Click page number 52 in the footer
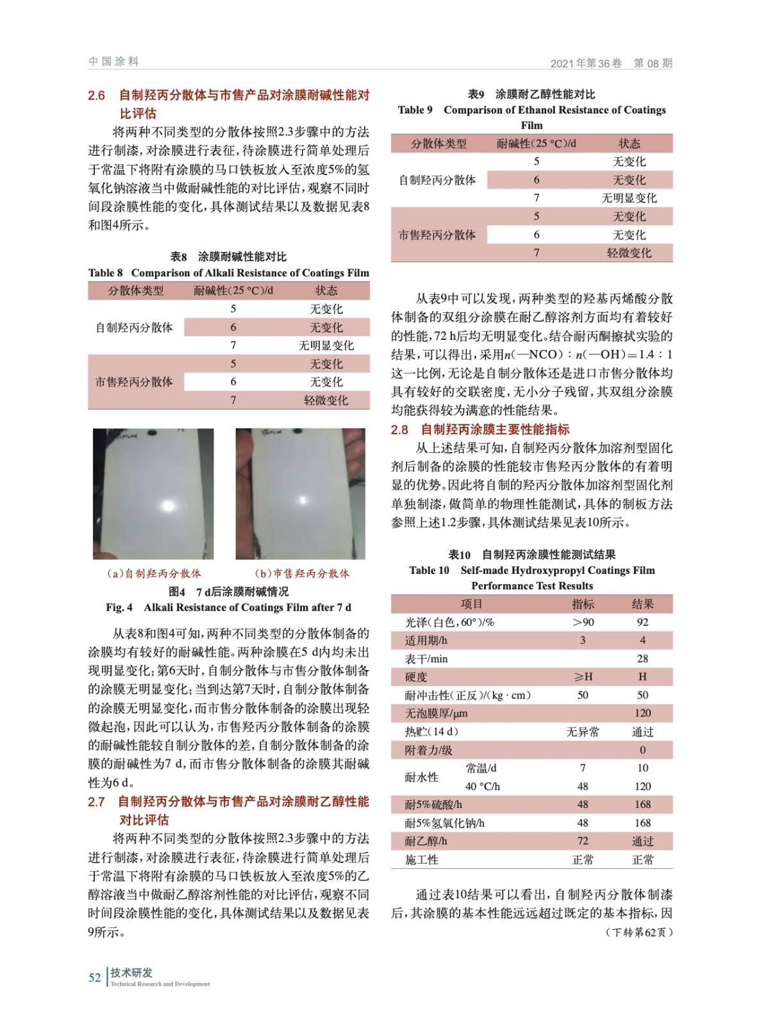[94, 977]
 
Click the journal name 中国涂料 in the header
[113, 62]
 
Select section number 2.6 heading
[96, 96]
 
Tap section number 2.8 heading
[399, 430]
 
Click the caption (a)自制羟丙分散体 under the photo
[154, 573]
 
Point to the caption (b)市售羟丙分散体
[302, 573]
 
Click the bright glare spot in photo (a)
[168, 506]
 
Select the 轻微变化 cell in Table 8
[326, 400]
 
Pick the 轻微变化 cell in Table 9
[629, 253]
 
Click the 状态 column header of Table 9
[629, 144]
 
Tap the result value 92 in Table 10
[642, 622]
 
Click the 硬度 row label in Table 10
[416, 677]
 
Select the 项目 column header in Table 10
[471, 604]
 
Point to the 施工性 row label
[421, 859]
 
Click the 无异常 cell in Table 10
[582, 732]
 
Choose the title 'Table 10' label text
[429, 570]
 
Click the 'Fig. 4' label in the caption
[119, 607]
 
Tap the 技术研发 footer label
[131, 973]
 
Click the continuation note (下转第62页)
[639, 932]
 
